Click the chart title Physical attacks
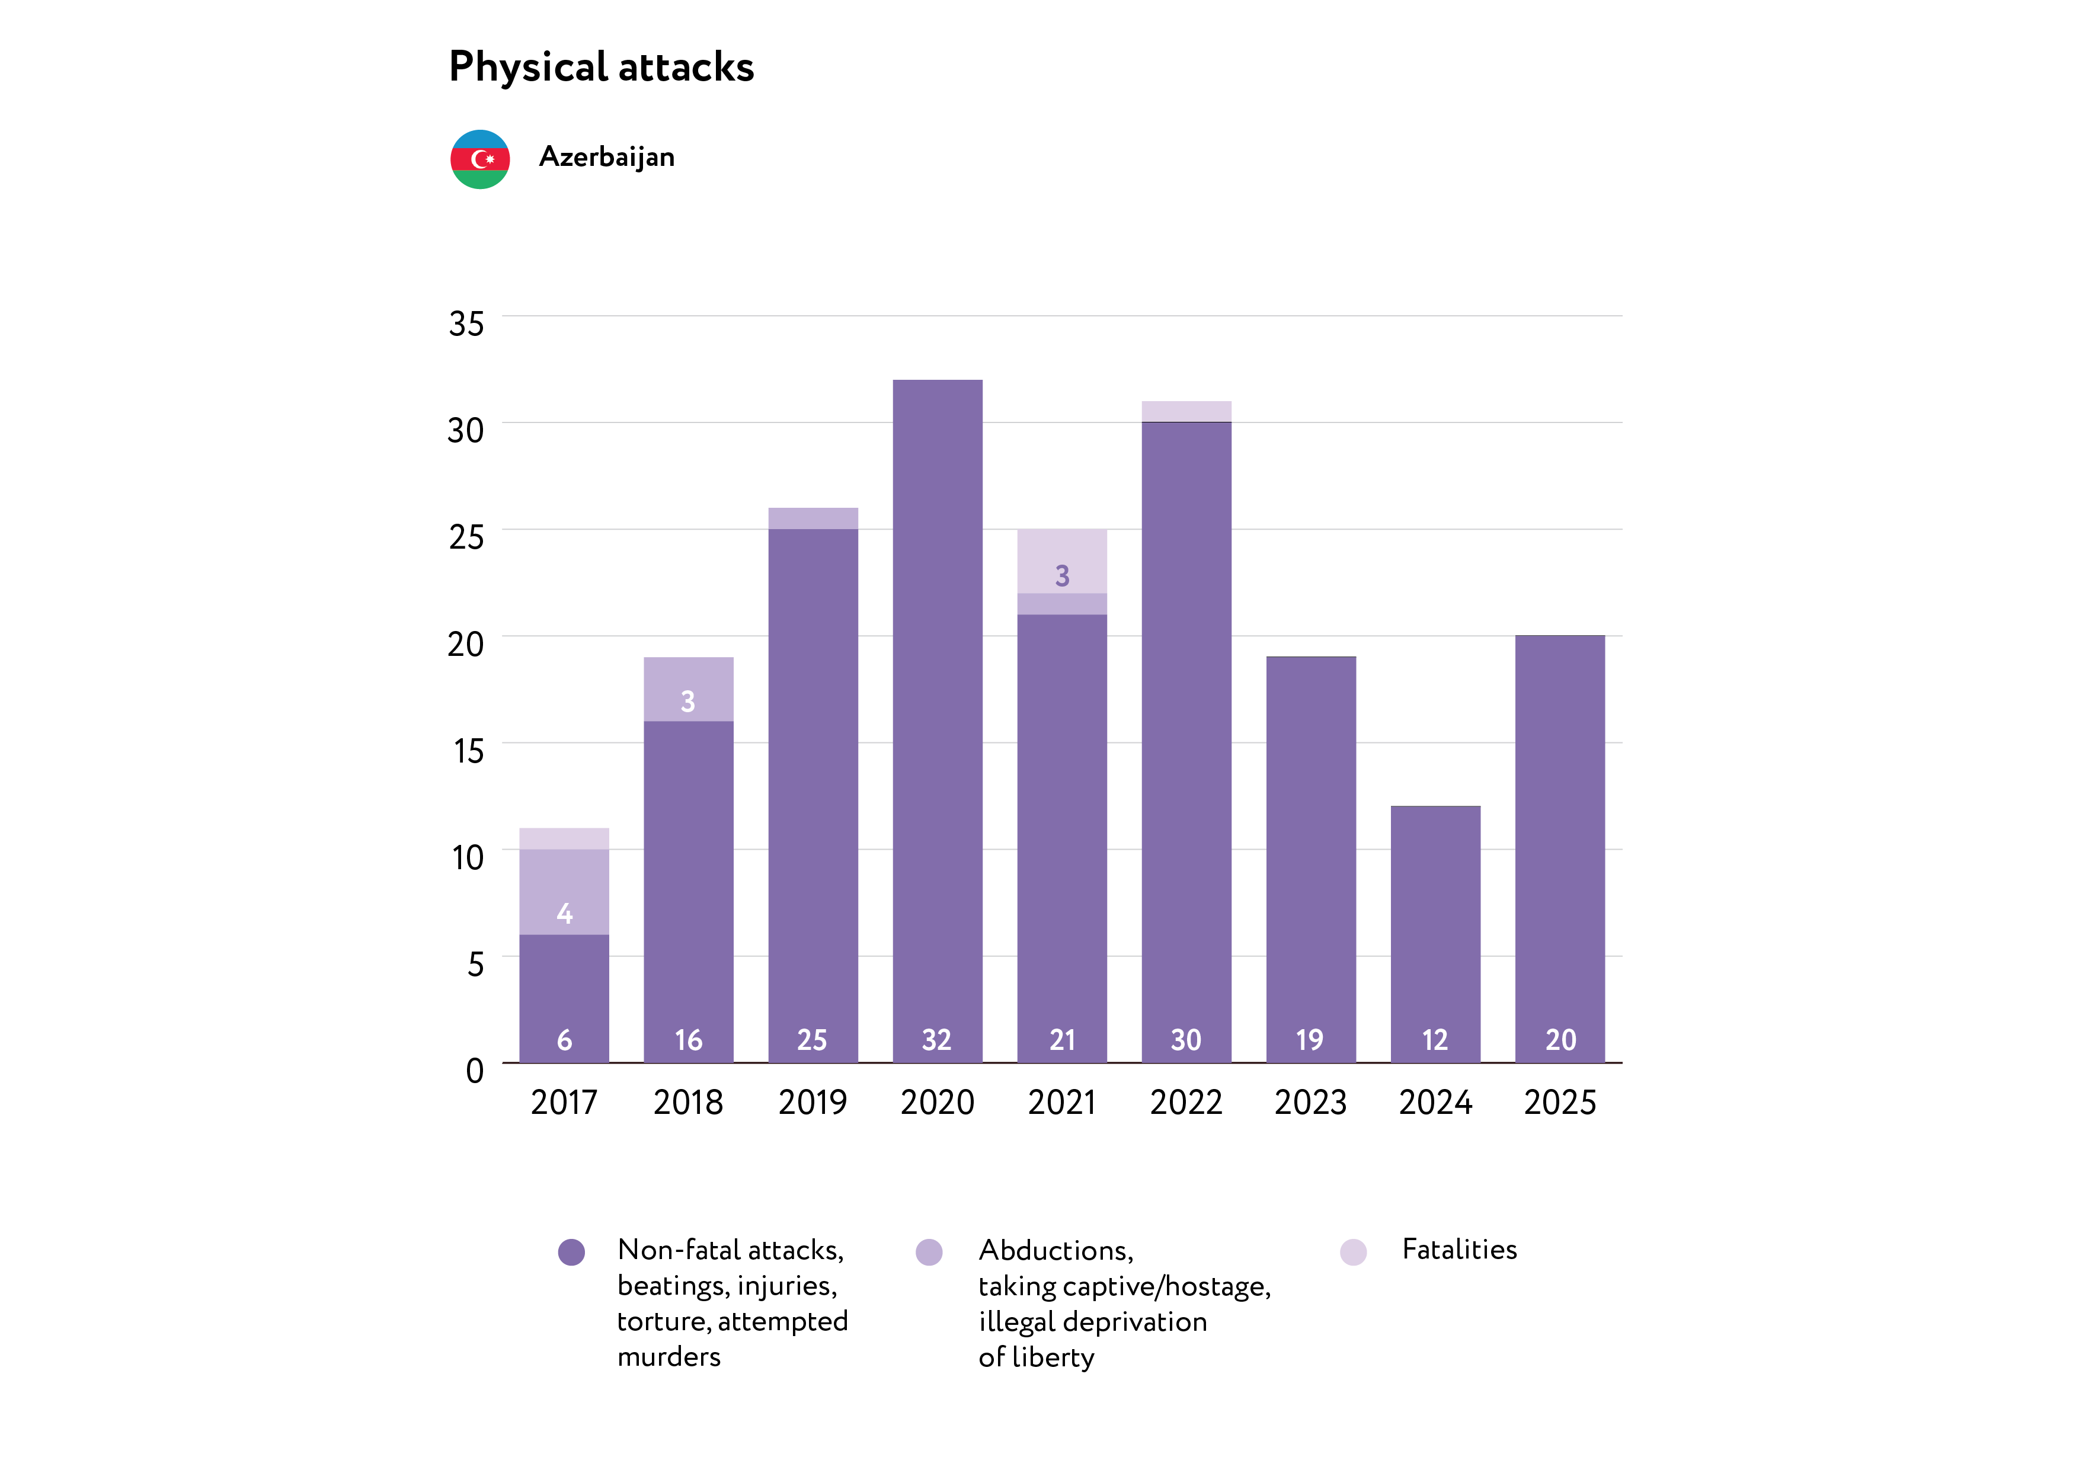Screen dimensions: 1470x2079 (602, 67)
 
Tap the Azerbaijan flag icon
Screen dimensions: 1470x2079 (480, 159)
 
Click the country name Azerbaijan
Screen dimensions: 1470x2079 (607, 158)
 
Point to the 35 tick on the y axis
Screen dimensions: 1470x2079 (466, 324)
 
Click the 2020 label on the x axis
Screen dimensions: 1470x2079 (937, 1103)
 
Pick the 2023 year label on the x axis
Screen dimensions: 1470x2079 (1310, 1103)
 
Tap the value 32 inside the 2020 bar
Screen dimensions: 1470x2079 (937, 1040)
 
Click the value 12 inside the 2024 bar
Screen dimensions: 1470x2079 (1435, 1040)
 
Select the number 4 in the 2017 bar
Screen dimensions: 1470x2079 (564, 913)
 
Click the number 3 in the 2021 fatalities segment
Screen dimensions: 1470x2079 (1062, 576)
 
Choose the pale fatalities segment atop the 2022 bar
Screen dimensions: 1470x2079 (1186, 412)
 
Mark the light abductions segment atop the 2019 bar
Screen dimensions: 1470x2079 (813, 518)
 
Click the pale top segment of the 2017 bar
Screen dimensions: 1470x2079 (564, 839)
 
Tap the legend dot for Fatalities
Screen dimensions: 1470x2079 (1353, 1252)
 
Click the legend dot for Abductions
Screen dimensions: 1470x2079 (929, 1252)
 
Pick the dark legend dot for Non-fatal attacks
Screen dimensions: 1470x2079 (571, 1252)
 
